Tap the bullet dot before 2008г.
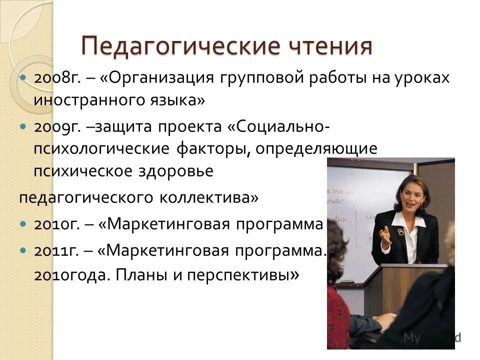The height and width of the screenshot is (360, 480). (x=23, y=78)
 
